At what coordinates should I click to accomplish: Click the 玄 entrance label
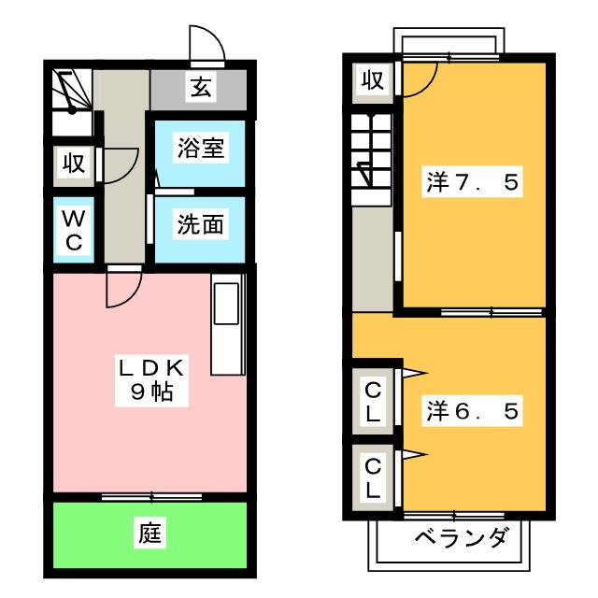pos(201,89)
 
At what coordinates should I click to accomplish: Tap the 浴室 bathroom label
pos(200,149)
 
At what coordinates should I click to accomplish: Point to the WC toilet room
pos(74,230)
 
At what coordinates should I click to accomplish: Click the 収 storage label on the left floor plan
pos(74,164)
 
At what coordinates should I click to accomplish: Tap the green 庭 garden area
pos(150,534)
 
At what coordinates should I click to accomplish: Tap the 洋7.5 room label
pos(472,182)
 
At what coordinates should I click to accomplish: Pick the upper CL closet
pos(372,399)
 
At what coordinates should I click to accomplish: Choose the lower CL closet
pos(372,477)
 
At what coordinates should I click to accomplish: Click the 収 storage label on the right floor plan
pos(372,81)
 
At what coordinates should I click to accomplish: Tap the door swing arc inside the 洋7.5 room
pos(419,78)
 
